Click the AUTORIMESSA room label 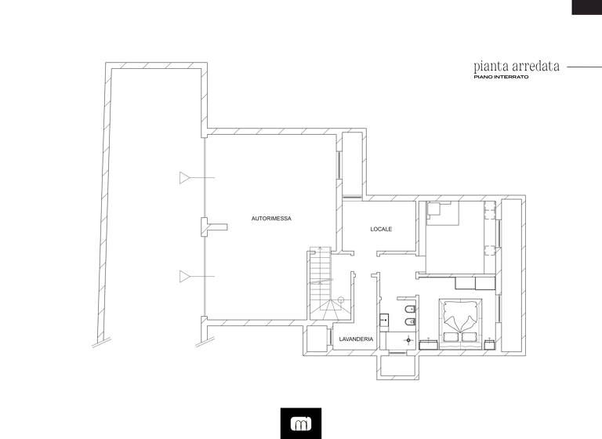click(271, 219)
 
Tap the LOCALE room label click(381, 229)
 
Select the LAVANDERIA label click(355, 339)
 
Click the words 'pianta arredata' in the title click(516, 67)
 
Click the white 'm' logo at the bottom click(300, 424)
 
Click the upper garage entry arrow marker click(186, 178)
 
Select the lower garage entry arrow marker click(186, 275)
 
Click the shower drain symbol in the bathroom click(408, 340)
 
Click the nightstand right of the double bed click(489, 343)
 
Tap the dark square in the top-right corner click(586, 7)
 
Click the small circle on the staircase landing click(341, 300)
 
